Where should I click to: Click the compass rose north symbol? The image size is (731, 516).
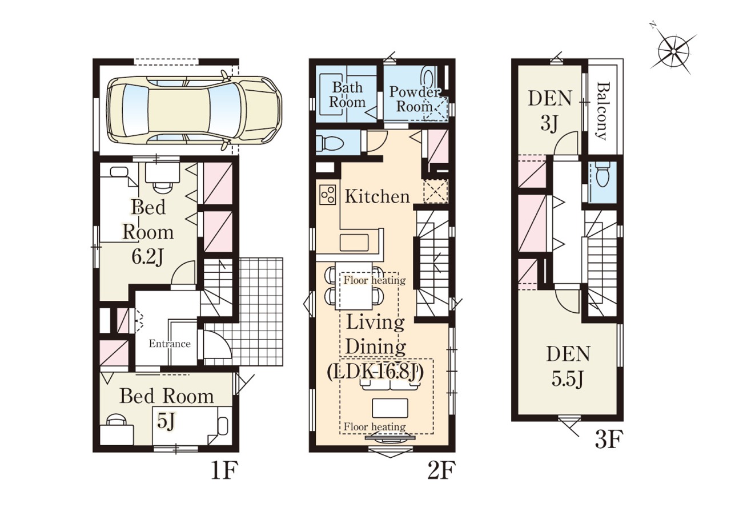(x=673, y=52)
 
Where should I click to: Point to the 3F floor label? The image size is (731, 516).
(x=609, y=439)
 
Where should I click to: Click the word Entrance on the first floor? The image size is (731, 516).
(x=170, y=344)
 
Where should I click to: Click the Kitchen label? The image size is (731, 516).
(x=377, y=196)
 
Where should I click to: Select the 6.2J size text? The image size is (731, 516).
(x=147, y=257)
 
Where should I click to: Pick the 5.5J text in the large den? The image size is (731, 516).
(x=568, y=380)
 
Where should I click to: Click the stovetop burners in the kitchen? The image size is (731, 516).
(x=328, y=195)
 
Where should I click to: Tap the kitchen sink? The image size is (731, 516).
(x=354, y=243)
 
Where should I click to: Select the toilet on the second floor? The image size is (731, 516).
(x=330, y=143)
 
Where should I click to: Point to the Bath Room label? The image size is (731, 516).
(x=347, y=95)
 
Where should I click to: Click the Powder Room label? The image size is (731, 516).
(x=415, y=99)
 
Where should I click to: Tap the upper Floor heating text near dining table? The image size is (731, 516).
(x=375, y=280)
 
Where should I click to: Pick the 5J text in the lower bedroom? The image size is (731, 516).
(x=165, y=422)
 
